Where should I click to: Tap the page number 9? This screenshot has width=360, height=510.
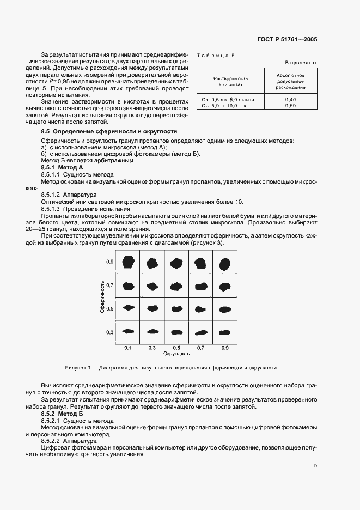315,465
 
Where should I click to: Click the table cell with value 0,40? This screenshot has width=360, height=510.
290,100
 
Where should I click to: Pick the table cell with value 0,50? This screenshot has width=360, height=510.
290,106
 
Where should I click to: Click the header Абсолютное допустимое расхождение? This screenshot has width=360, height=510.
290,81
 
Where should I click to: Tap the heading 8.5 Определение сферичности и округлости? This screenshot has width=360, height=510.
109,132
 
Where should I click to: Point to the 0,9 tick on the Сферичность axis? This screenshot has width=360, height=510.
109,262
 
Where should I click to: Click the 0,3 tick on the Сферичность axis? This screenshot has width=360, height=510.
109,332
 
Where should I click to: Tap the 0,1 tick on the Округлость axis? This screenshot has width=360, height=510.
127,347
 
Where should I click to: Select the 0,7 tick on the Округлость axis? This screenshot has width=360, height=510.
200,347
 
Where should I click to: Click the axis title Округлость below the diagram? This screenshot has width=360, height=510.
176,354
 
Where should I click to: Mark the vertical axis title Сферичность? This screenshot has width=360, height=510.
102,296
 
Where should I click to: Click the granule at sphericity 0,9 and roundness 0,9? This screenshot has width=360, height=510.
224,263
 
